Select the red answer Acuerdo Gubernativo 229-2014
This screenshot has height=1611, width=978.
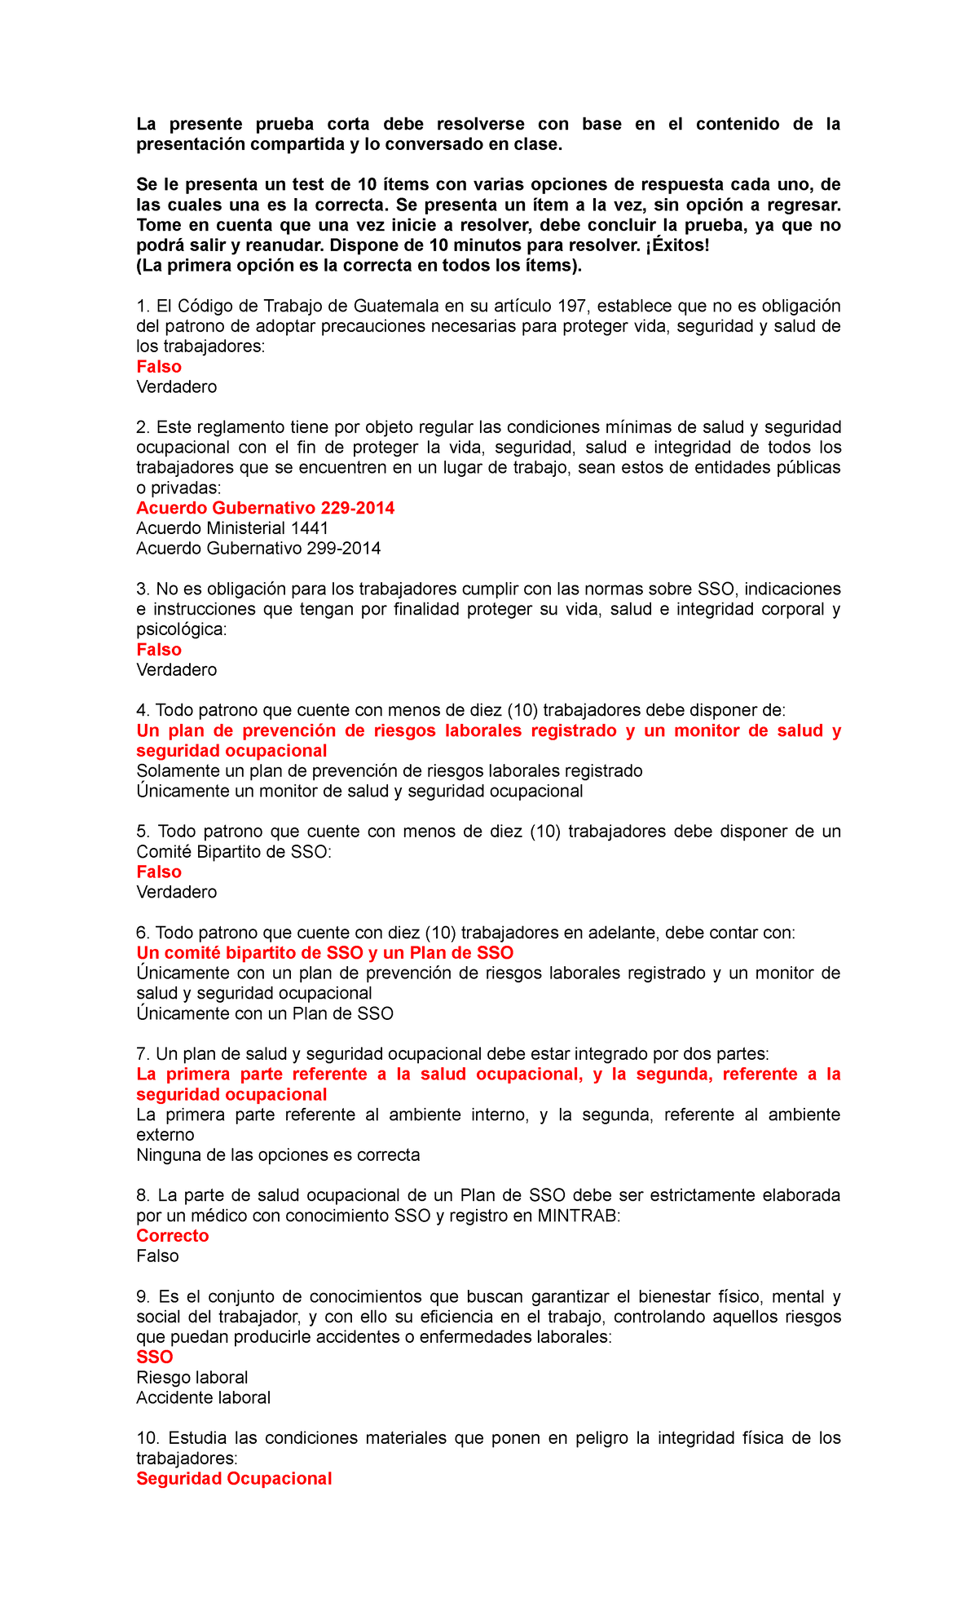click(265, 508)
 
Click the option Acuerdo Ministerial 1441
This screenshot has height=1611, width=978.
click(232, 528)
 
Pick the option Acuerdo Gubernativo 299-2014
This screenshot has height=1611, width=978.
click(258, 549)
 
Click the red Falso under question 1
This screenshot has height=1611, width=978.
click(159, 367)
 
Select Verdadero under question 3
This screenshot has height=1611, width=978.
click(176, 670)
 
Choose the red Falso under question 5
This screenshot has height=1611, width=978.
click(159, 872)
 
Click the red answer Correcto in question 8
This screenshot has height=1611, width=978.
click(172, 1236)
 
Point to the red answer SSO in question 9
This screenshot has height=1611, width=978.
click(155, 1357)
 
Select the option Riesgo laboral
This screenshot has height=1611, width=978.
click(192, 1378)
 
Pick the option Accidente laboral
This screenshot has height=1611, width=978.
click(203, 1398)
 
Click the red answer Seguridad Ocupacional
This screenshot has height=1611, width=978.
click(234, 1479)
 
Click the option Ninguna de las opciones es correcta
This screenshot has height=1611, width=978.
click(278, 1155)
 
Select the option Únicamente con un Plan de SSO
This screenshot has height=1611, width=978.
click(265, 1013)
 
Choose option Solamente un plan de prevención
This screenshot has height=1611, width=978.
click(390, 771)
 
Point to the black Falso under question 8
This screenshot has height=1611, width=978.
click(157, 1256)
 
